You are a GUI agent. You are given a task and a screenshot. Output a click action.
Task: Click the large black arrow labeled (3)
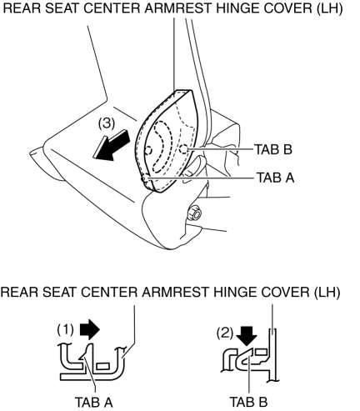111,146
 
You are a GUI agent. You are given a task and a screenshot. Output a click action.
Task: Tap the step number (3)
107,123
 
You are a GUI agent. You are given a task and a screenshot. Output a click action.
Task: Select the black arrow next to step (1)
90,329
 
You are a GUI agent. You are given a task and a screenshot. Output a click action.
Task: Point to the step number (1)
66,329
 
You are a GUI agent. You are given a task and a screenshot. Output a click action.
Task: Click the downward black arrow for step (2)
247,336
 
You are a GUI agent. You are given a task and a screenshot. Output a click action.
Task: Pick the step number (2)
225,333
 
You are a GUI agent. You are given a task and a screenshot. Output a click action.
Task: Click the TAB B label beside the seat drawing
273,149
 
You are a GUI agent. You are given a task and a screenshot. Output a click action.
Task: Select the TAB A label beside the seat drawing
275,178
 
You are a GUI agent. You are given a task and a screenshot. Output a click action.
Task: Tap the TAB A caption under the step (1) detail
93,402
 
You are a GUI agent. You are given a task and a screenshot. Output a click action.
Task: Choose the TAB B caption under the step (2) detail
248,402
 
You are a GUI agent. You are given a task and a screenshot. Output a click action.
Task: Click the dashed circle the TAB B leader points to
183,150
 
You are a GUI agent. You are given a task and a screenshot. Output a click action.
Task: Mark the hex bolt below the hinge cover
195,213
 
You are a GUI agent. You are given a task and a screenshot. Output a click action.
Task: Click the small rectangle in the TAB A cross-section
102,366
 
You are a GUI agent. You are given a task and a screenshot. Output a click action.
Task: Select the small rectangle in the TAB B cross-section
261,352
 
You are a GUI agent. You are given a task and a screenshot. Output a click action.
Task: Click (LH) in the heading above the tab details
327,292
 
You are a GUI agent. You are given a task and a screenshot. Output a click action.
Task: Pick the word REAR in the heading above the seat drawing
22,8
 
